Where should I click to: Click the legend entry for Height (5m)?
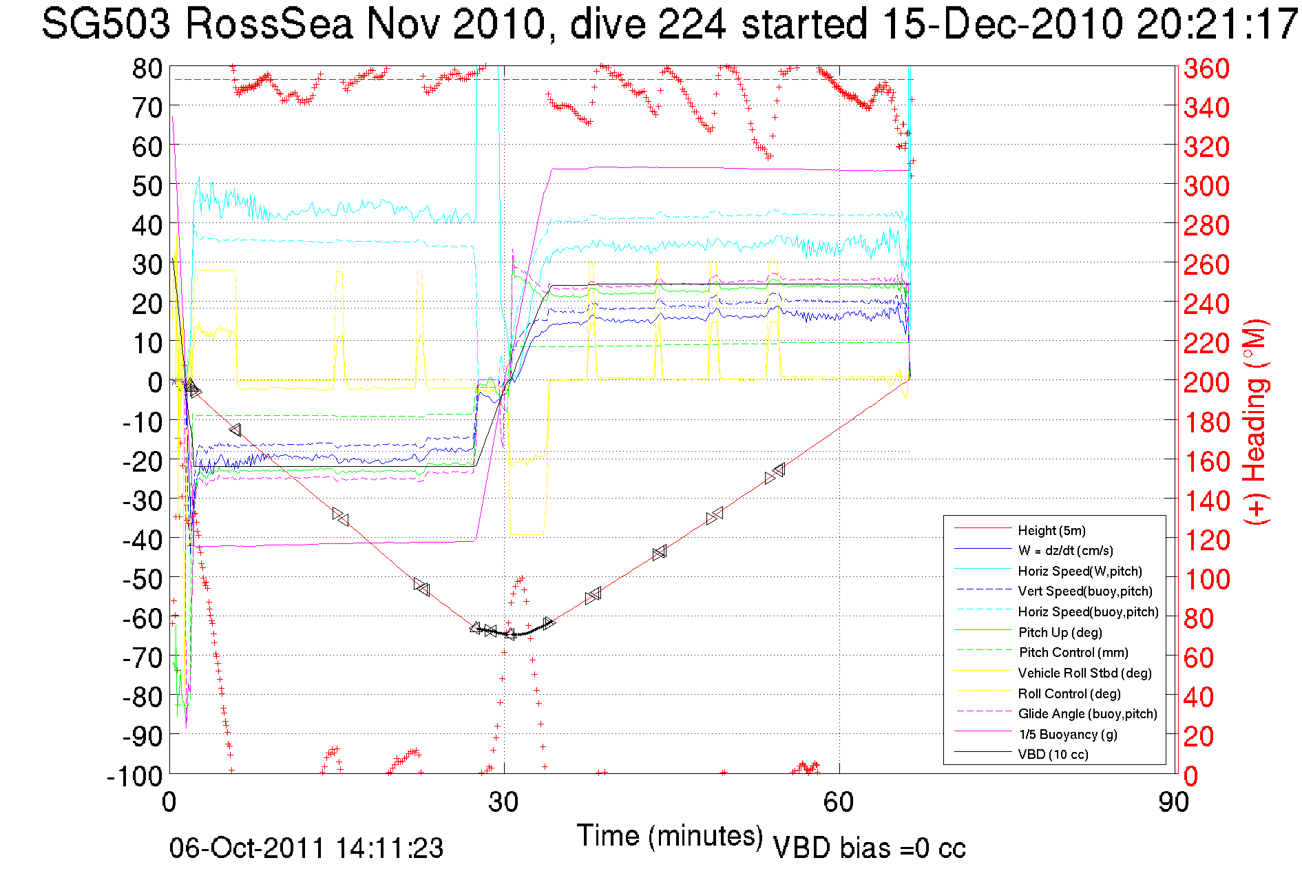1051,530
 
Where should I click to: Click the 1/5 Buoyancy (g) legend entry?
1067,734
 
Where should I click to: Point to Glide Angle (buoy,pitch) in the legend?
1087,713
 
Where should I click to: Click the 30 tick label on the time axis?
503,802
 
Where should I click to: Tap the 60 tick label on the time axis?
839,802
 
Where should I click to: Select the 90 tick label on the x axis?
1173,802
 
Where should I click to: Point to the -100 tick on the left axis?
134,776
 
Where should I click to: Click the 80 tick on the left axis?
147,68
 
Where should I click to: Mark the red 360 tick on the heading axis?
1206,68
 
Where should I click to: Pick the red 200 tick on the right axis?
1206,382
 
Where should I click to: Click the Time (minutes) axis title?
669,836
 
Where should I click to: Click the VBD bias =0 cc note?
869,848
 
